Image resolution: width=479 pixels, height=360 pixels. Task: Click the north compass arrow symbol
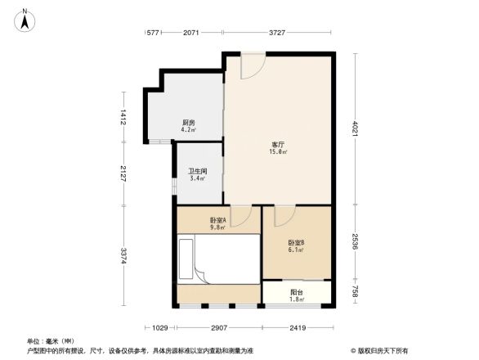[25, 18]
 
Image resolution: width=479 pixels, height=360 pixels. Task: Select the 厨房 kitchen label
[188, 126]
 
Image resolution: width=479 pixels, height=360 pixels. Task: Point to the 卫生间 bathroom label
[198, 174]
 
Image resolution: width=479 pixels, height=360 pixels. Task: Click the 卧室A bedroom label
[217, 223]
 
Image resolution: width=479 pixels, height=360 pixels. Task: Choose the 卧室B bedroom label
[296, 245]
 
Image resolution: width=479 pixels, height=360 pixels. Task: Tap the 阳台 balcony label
[297, 295]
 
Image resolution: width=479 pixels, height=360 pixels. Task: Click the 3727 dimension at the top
[278, 33]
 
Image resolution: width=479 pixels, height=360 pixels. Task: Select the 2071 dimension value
[191, 33]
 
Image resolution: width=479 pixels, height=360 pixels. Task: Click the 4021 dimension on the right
[356, 129]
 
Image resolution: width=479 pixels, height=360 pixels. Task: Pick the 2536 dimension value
[356, 243]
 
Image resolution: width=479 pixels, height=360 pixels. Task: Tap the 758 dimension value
[356, 292]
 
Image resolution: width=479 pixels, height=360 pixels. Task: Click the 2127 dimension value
[123, 173]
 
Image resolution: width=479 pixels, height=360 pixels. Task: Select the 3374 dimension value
[123, 255]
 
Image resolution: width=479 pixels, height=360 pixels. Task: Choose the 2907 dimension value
[218, 328]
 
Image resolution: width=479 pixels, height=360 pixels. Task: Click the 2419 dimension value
[297, 328]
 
